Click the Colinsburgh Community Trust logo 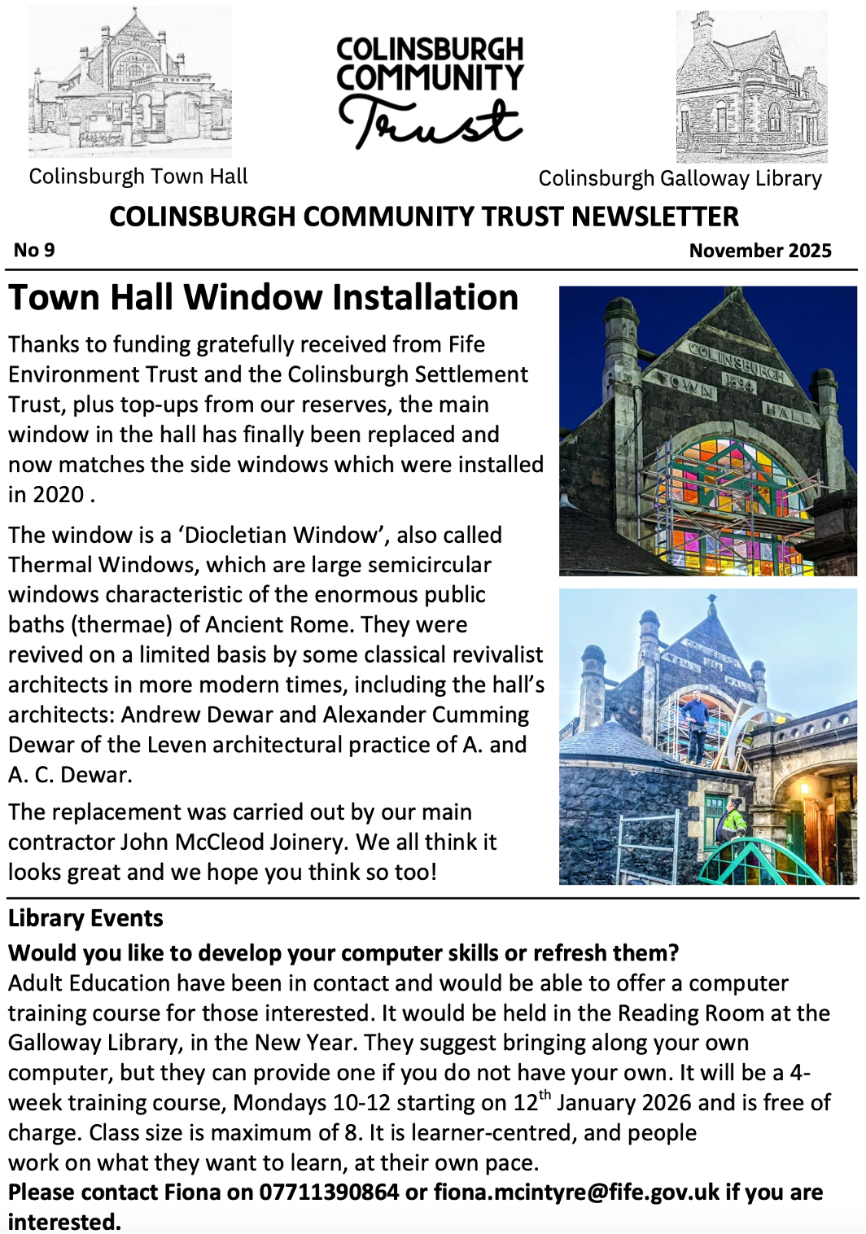pyautogui.click(x=430, y=91)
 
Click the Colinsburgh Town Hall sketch pyautogui.click(x=130, y=81)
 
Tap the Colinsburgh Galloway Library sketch pyautogui.click(x=751, y=87)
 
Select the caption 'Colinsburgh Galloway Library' pyautogui.click(x=680, y=178)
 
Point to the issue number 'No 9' pyautogui.click(x=34, y=250)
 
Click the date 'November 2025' pyautogui.click(x=760, y=250)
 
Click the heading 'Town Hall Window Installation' pyautogui.click(x=264, y=297)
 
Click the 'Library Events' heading pyautogui.click(x=85, y=918)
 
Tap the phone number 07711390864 pyautogui.click(x=329, y=1192)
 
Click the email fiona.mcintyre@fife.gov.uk pyautogui.click(x=576, y=1192)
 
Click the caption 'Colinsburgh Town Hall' pyautogui.click(x=138, y=177)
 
